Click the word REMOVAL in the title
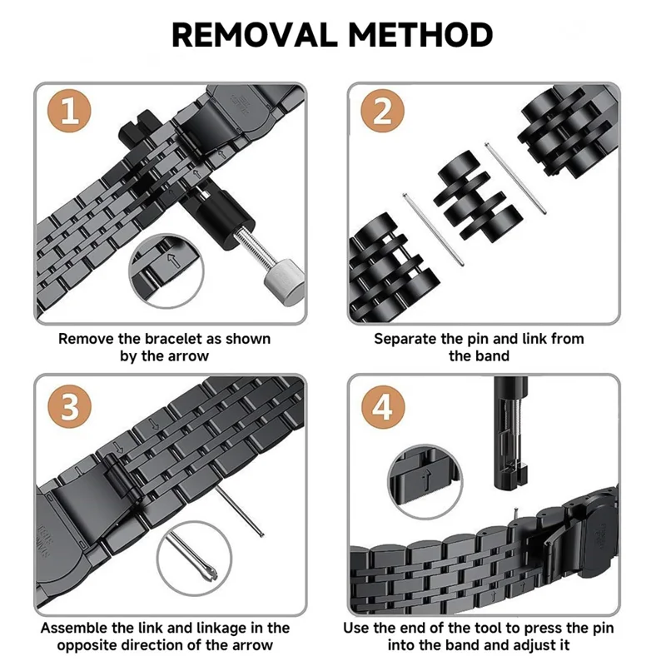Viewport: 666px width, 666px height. click(253, 35)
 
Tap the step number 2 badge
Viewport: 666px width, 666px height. click(383, 112)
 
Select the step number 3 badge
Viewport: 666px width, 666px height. click(70, 408)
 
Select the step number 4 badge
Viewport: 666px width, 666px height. click(383, 408)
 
